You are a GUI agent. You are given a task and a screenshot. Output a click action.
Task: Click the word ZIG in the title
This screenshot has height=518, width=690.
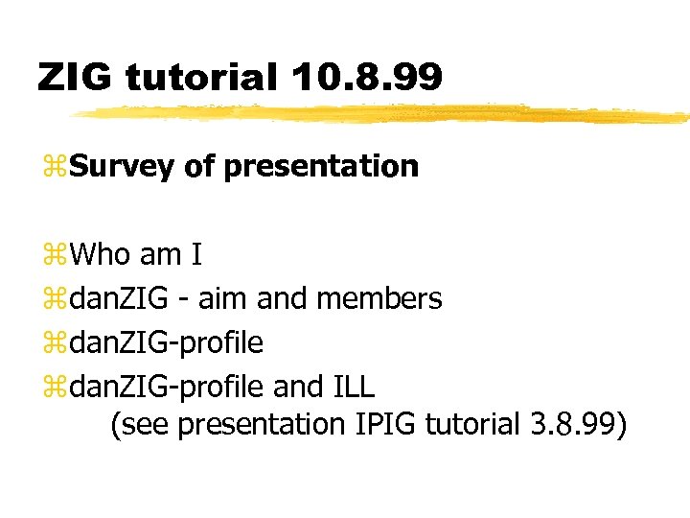(74, 78)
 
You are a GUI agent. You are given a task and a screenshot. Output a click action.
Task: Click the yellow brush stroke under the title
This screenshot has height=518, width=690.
(383, 114)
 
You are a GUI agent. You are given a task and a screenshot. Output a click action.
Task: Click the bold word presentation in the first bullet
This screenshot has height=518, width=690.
(321, 167)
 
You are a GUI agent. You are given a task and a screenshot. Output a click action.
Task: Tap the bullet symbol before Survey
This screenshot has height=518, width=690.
(54, 169)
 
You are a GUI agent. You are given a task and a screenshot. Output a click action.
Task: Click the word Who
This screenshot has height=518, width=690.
(102, 254)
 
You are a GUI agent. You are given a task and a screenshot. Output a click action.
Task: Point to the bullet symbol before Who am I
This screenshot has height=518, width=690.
(54, 256)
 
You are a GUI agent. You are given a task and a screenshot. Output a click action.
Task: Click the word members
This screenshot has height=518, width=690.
(379, 298)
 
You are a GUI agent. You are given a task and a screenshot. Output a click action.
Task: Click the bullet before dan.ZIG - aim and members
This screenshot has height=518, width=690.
(54, 300)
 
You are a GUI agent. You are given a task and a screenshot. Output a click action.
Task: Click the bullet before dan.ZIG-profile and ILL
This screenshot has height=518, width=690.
(54, 388)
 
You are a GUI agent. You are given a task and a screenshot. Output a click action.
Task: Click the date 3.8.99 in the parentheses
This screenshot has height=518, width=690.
(570, 424)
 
